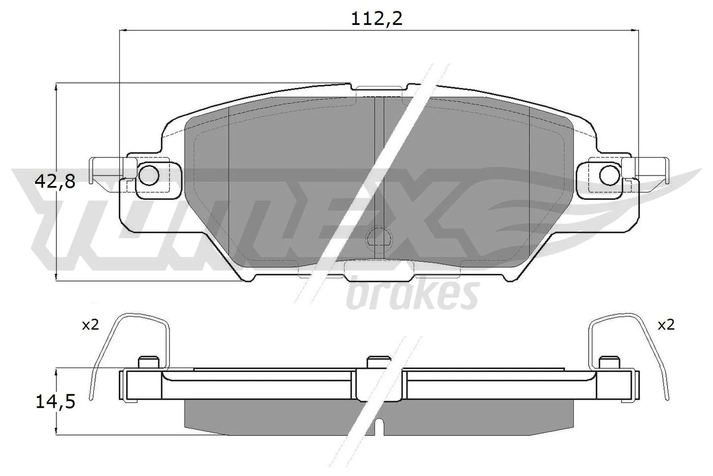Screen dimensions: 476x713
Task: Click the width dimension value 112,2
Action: (377, 19)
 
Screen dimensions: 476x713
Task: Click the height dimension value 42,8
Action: (55, 182)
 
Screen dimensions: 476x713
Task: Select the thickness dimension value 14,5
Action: (55, 402)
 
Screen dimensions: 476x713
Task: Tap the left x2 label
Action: (90, 325)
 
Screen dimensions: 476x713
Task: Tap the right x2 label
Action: (666, 325)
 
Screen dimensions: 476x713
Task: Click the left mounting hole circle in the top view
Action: (148, 174)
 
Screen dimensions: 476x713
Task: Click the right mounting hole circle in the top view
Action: (609, 174)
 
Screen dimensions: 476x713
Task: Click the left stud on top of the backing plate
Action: (149, 362)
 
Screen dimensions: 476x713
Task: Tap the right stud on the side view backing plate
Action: (609, 362)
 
